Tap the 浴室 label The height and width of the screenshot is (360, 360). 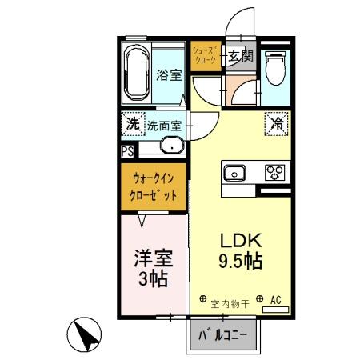tap(168, 75)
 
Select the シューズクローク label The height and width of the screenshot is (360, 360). tap(202, 54)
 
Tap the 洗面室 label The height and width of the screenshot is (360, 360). tap(164, 126)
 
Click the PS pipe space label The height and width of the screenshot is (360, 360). tap(128, 150)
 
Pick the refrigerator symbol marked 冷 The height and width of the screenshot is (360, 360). tap(274, 124)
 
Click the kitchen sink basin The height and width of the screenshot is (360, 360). tap(235, 172)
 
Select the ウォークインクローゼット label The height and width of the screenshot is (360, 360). tap(154, 186)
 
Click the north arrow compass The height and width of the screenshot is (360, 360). tap(87, 334)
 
